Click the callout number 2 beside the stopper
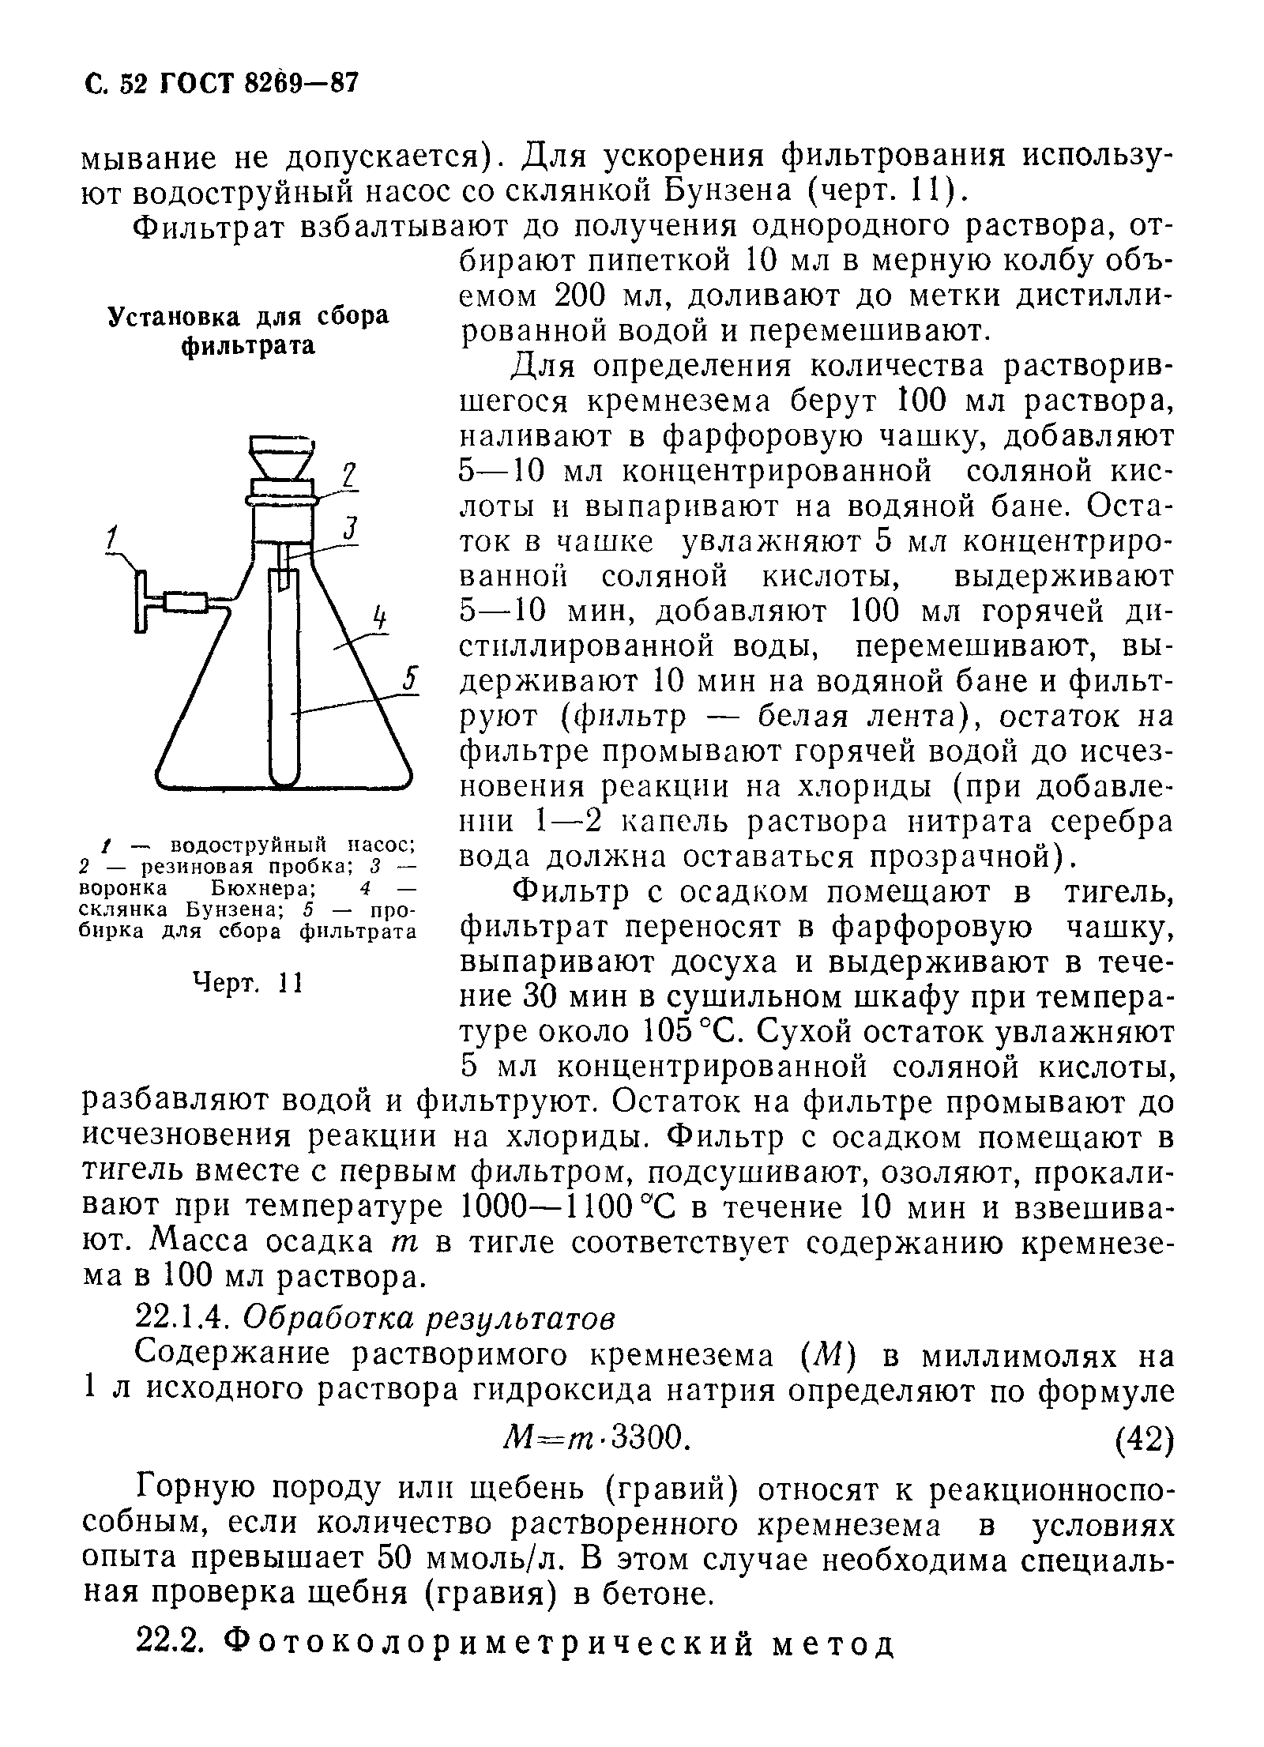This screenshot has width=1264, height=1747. point(348,477)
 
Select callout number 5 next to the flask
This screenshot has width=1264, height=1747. point(409,680)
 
